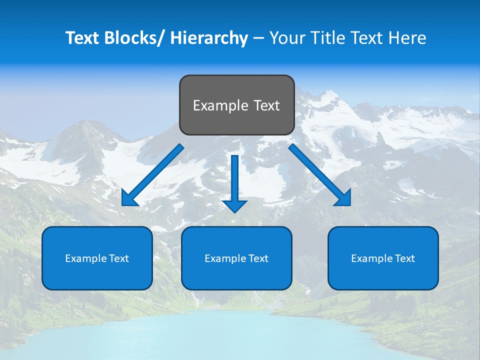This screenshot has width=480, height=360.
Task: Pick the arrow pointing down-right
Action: pos(320,175)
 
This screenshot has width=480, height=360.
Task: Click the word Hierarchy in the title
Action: pos(209,38)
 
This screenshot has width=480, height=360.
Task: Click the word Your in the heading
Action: pos(287,38)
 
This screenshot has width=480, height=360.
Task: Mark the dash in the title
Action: pos(258,38)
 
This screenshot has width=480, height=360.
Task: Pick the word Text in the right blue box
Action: pos(404,258)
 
